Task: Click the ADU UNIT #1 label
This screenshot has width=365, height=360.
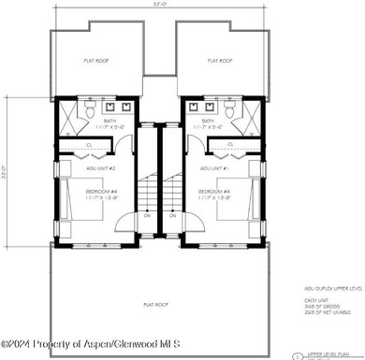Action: [x=215, y=168]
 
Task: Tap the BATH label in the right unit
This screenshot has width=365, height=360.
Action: [x=208, y=121]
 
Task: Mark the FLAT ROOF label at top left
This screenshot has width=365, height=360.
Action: [x=97, y=61]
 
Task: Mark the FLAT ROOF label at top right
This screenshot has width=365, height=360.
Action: [x=221, y=61]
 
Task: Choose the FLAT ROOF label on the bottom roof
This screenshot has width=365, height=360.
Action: [x=155, y=304]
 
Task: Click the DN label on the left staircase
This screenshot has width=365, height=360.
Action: [x=147, y=215]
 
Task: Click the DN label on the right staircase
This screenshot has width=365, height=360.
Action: [x=173, y=215]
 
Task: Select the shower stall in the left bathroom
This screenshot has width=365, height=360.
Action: [x=67, y=116]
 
